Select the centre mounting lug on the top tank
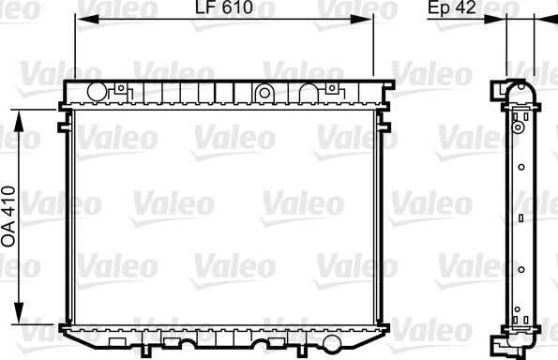point(264,92)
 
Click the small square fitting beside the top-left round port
point(121,89)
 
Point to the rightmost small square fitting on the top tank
point(332,89)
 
